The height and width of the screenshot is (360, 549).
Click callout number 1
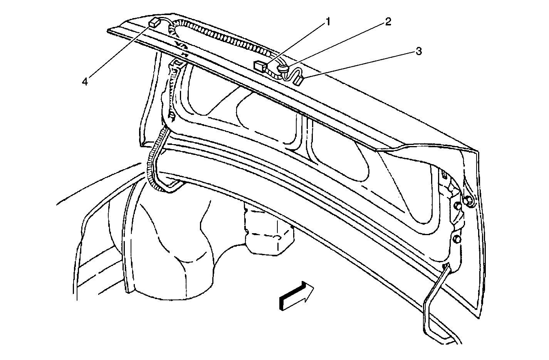coord(328,22)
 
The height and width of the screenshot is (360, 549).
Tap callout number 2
coord(388,22)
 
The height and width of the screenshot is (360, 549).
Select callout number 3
coord(418,51)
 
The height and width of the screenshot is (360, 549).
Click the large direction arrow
coord(296,296)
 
